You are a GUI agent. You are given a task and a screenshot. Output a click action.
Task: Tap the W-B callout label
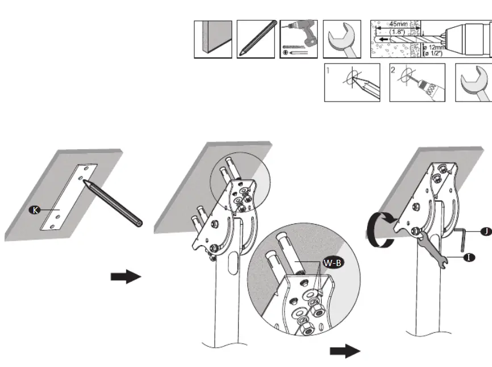pos(333,263)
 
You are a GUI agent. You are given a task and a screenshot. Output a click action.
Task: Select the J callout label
pos(485,231)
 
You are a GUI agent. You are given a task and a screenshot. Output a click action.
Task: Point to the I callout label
pos(469,258)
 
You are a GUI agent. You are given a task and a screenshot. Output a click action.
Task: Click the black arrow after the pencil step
pos(126,276)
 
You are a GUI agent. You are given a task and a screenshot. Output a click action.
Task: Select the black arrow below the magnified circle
pos(345,351)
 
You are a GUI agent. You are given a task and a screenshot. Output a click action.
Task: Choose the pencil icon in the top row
pos(256,39)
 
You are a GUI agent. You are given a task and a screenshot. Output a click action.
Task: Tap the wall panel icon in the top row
pos(213,39)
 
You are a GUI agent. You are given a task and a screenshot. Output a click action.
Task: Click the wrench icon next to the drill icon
pos(342,39)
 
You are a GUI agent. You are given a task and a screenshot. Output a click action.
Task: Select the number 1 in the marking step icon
pos(328,70)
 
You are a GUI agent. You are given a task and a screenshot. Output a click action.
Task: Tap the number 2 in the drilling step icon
pos(393,70)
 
